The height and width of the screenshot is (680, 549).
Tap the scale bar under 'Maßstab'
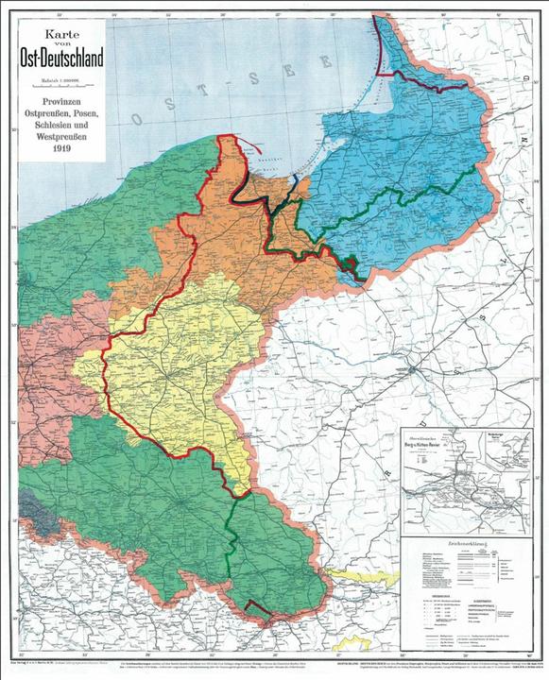click(63, 83)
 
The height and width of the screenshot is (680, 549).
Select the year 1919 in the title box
click(63, 147)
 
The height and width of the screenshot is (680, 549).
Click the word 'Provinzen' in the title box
click(63, 99)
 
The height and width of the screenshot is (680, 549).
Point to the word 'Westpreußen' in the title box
click(63, 136)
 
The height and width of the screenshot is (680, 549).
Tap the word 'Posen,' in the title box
click(88, 112)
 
